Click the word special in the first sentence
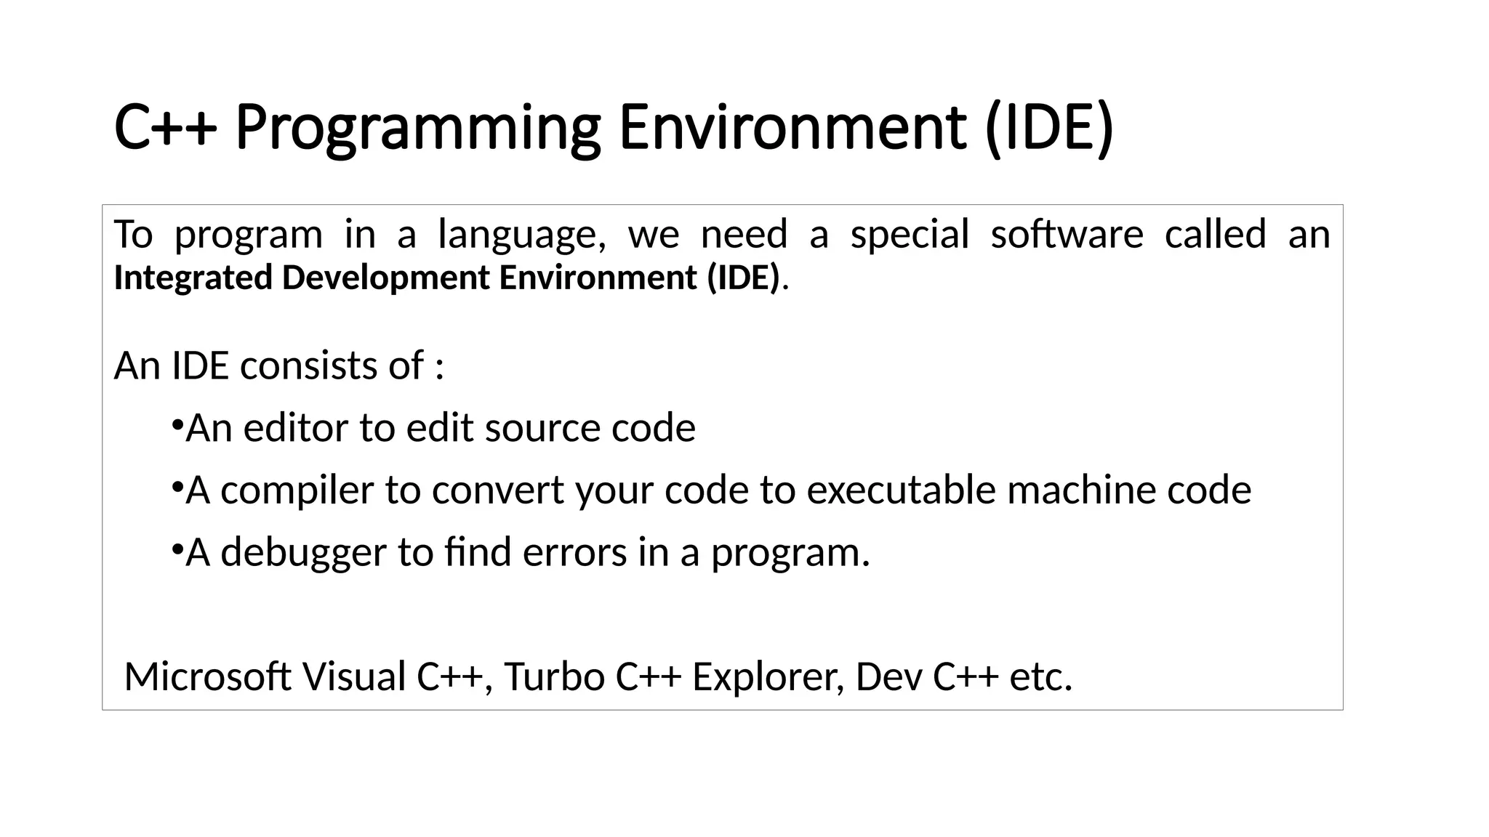pyautogui.click(x=910, y=235)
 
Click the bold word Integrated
pyautogui.click(x=193, y=278)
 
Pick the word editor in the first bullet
pyautogui.click(x=295, y=428)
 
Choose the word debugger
pyautogui.click(x=303, y=553)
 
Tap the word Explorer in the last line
pyautogui.click(x=768, y=677)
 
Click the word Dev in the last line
pyautogui.click(x=888, y=677)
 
